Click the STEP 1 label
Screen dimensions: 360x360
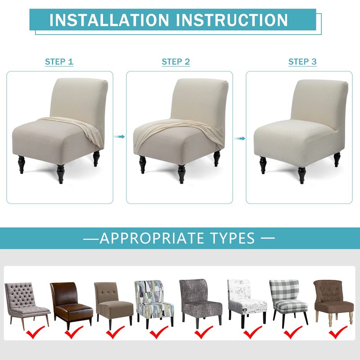(x=59, y=62)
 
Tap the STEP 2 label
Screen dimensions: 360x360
(x=176, y=62)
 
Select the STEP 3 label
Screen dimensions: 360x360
(x=302, y=62)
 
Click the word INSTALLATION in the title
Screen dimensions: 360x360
(x=109, y=20)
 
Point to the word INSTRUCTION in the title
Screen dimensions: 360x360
(x=232, y=20)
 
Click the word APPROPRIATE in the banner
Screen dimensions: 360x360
(x=151, y=238)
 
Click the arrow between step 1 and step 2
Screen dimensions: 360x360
(x=119, y=137)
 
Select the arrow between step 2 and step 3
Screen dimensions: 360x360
(x=240, y=139)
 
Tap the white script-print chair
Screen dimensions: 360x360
(x=247, y=302)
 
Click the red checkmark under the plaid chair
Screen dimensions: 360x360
(x=293, y=332)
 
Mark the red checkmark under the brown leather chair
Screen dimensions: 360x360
(x=73, y=332)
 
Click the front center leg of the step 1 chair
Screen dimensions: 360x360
(x=61, y=174)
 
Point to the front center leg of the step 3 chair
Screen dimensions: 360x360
(x=301, y=175)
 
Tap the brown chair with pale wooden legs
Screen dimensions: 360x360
(x=333, y=302)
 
